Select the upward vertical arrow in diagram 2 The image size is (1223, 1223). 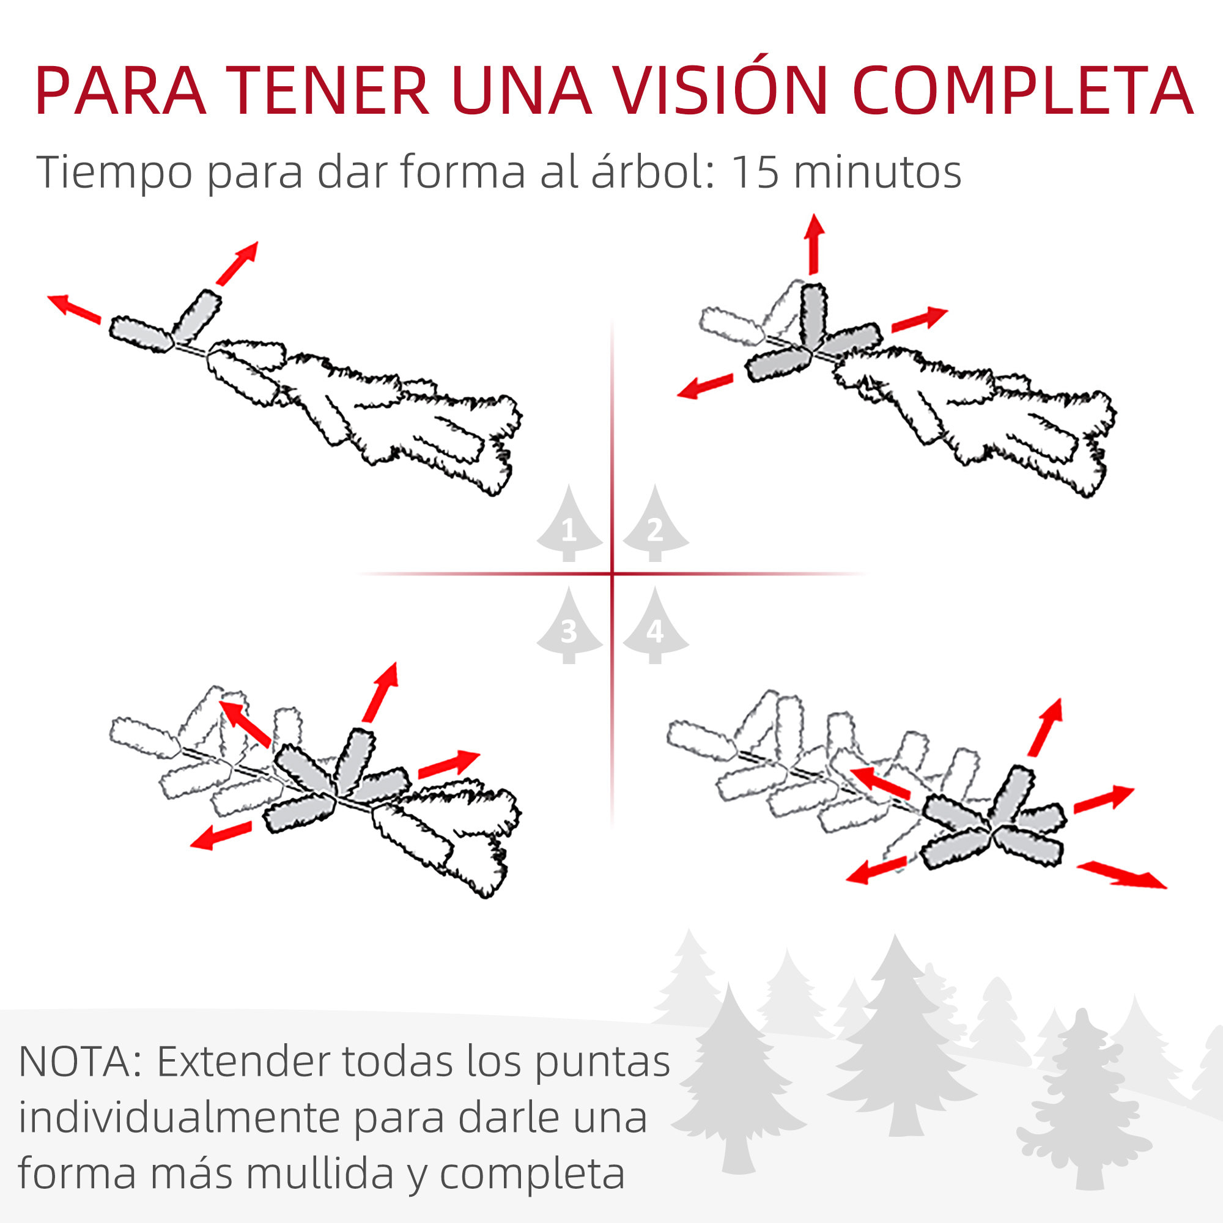pos(814,244)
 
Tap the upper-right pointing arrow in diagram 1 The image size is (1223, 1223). pos(237,263)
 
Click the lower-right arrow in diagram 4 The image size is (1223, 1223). pos(1120,875)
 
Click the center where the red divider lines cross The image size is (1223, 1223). pos(612,574)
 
